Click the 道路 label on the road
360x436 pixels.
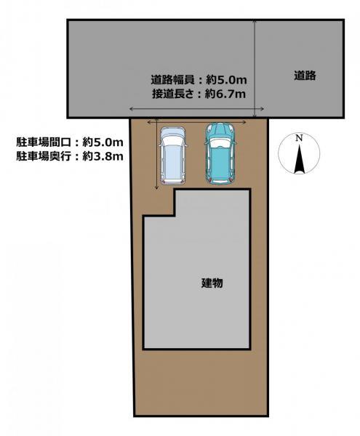pyautogui.click(x=305, y=76)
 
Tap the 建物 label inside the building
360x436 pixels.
pyautogui.click(x=212, y=283)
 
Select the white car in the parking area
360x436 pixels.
pyautogui.click(x=172, y=156)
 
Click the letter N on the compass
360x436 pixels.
pyautogui.click(x=299, y=138)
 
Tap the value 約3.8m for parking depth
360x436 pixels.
pyautogui.click(x=103, y=156)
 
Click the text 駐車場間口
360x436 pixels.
pyautogui.click(x=44, y=142)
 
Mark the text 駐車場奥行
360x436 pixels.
pyautogui.click(x=44, y=156)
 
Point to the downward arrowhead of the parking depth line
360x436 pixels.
pyautogui.click(x=156, y=187)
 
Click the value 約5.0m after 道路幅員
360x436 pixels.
pyautogui.click(x=226, y=80)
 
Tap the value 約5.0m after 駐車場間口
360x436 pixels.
pyautogui.click(x=103, y=142)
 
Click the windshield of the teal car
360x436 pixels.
pyautogui.click(x=220, y=142)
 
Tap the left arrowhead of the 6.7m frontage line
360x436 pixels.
pyautogui.click(x=132, y=109)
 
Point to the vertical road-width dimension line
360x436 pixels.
pyautogui.click(x=255, y=69)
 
